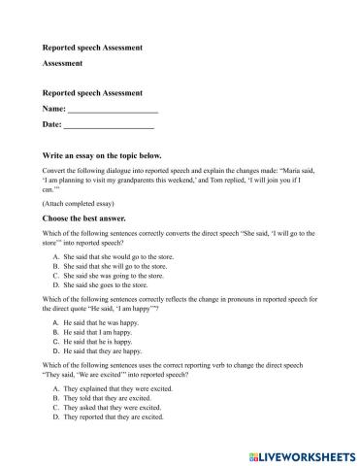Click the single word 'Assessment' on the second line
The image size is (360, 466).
pos(62,63)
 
